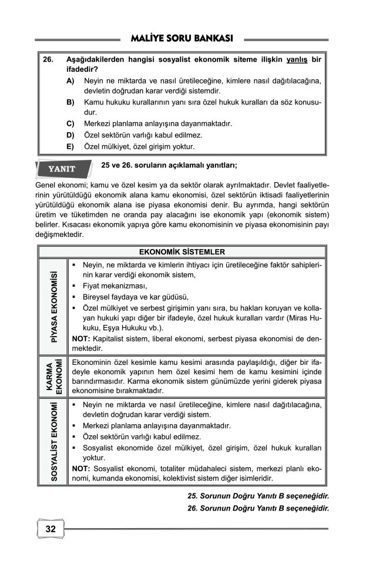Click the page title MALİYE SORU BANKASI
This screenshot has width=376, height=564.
coord(184,39)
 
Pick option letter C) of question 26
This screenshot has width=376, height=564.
coord(70,124)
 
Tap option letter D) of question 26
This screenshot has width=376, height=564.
coord(70,135)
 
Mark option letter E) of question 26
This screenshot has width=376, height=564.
coord(70,146)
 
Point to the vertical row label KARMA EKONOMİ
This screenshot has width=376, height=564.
coord(53,376)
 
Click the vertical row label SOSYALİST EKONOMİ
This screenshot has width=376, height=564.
coord(53,442)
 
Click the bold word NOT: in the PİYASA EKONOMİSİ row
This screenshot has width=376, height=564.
coord(80,339)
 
